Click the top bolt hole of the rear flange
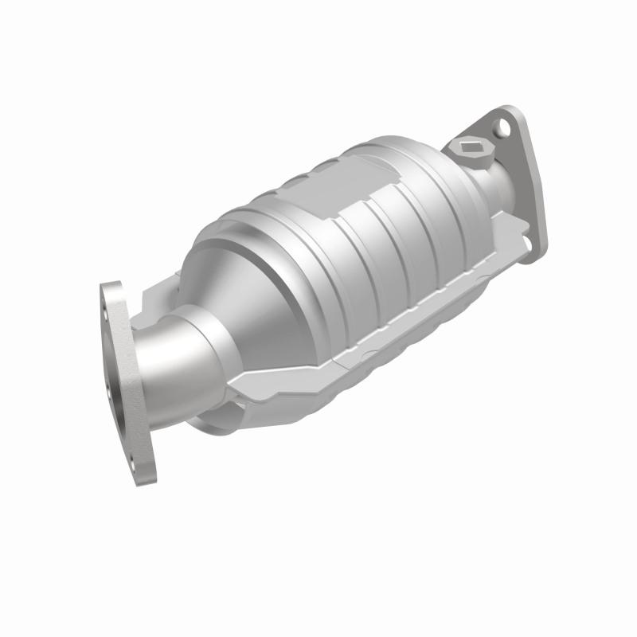(x=502, y=125)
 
